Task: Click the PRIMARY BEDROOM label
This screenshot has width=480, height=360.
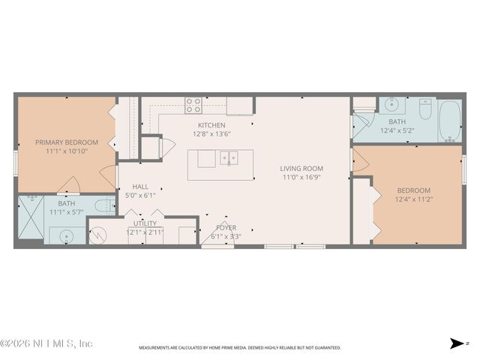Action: (66, 142)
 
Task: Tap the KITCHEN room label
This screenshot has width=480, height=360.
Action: (211, 124)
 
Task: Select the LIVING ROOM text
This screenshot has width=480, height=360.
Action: (301, 168)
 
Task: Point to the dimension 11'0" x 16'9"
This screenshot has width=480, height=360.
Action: (301, 178)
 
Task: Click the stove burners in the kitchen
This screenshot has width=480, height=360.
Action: (193, 104)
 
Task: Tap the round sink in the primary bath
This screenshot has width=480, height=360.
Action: (64, 235)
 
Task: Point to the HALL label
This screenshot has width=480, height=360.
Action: (140, 187)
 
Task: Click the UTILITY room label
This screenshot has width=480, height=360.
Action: (145, 223)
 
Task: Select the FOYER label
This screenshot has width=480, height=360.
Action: (226, 227)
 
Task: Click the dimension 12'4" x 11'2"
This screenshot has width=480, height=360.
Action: (414, 199)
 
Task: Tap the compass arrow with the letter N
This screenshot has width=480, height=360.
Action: (457, 343)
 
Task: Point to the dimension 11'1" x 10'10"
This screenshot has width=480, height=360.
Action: (66, 151)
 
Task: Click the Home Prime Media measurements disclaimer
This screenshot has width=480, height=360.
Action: (239, 348)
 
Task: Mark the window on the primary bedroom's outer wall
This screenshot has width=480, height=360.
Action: (15, 163)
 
